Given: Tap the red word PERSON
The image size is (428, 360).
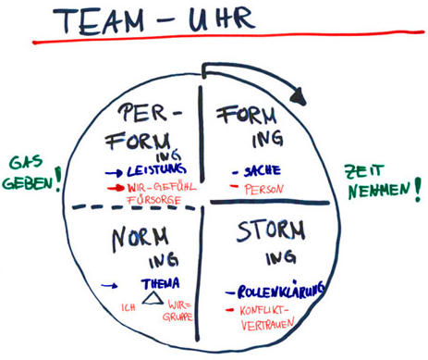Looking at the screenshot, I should click(263, 189).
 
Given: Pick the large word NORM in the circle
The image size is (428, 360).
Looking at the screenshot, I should click(139, 238).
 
